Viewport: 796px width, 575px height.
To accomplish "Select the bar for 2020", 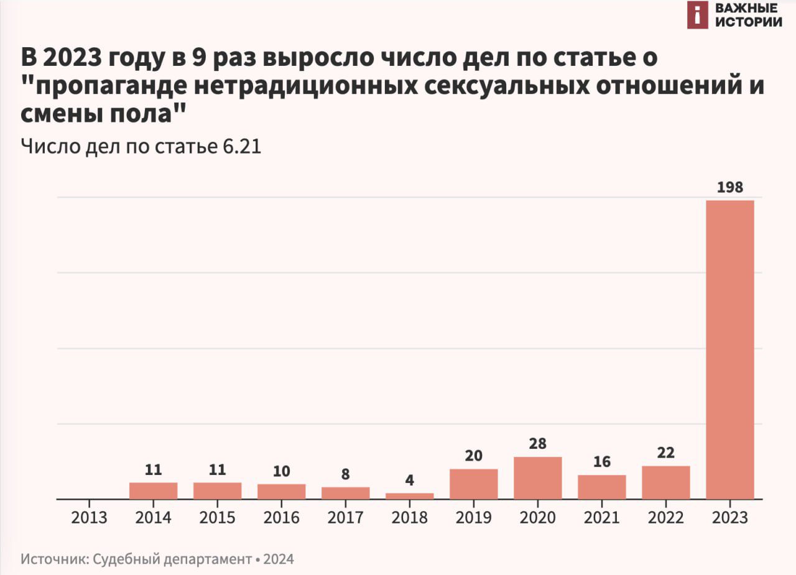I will pyautogui.click(x=538, y=478).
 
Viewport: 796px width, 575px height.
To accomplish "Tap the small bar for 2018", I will pyautogui.click(x=410, y=495).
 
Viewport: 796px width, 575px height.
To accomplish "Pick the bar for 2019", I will pyautogui.click(x=474, y=484).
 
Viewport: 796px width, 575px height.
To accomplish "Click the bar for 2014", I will pyautogui.click(x=154, y=490).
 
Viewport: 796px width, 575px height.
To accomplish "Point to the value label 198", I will pyautogui.click(x=730, y=187).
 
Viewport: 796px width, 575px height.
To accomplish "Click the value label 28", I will pyautogui.click(x=538, y=444).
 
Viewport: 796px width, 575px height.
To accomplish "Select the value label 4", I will pyautogui.click(x=410, y=481).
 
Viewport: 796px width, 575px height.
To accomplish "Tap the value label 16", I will pyautogui.click(x=602, y=462).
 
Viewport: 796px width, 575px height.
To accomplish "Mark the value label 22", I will pyautogui.click(x=666, y=453).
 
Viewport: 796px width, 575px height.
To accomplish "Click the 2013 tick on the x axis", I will pyautogui.click(x=90, y=517).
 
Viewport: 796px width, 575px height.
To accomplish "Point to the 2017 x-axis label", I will pyautogui.click(x=346, y=517).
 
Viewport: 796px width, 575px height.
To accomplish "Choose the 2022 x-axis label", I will pyautogui.click(x=666, y=517).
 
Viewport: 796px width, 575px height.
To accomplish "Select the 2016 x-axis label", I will pyautogui.click(x=282, y=517).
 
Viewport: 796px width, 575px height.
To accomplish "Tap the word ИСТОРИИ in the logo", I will pyautogui.click(x=748, y=22).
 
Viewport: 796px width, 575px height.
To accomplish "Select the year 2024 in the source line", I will pyautogui.click(x=279, y=559).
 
